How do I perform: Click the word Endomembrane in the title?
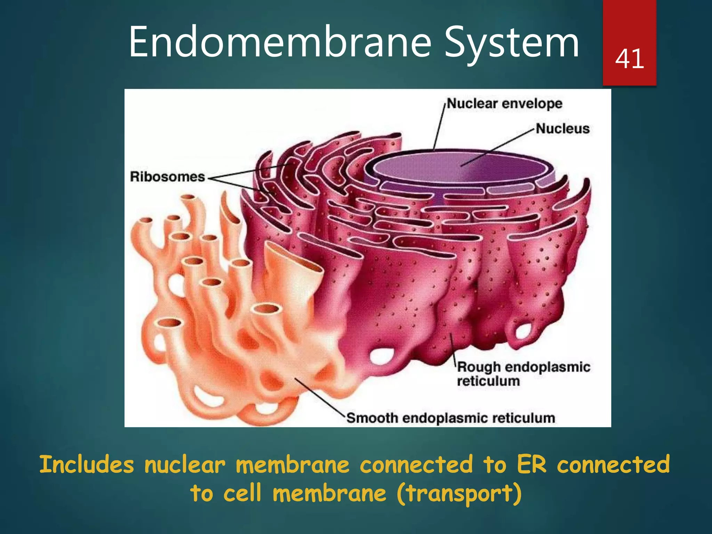coord(280,42)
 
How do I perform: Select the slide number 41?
coord(629,58)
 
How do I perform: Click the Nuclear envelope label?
coord(504,103)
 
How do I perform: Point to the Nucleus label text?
coord(563,129)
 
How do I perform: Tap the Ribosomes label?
coord(167,177)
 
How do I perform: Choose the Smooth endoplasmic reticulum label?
coord(451,418)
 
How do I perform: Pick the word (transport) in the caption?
coord(459,494)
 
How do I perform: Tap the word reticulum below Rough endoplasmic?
coord(488,381)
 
